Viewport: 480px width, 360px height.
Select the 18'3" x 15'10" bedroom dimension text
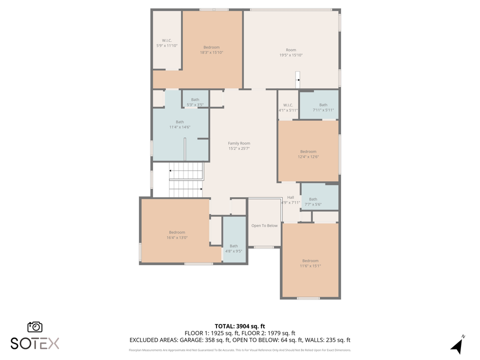tap(211, 52)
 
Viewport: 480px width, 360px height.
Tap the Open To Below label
tap(264, 225)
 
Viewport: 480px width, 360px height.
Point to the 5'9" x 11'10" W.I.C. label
tap(167, 43)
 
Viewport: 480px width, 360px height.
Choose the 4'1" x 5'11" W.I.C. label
tap(288, 107)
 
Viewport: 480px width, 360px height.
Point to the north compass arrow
tap(456, 345)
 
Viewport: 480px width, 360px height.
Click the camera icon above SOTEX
tap(35, 327)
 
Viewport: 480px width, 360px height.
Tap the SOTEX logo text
tap(35, 343)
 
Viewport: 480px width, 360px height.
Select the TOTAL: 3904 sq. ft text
tap(239, 326)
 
